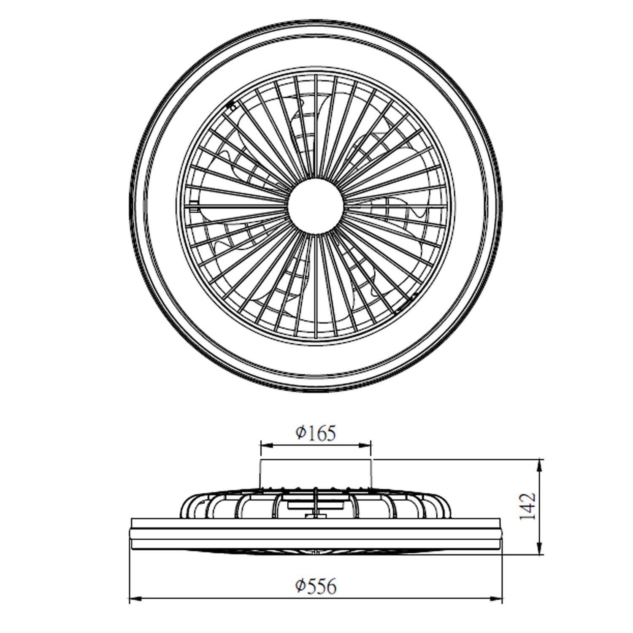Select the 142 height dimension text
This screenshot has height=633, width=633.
click(527, 506)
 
